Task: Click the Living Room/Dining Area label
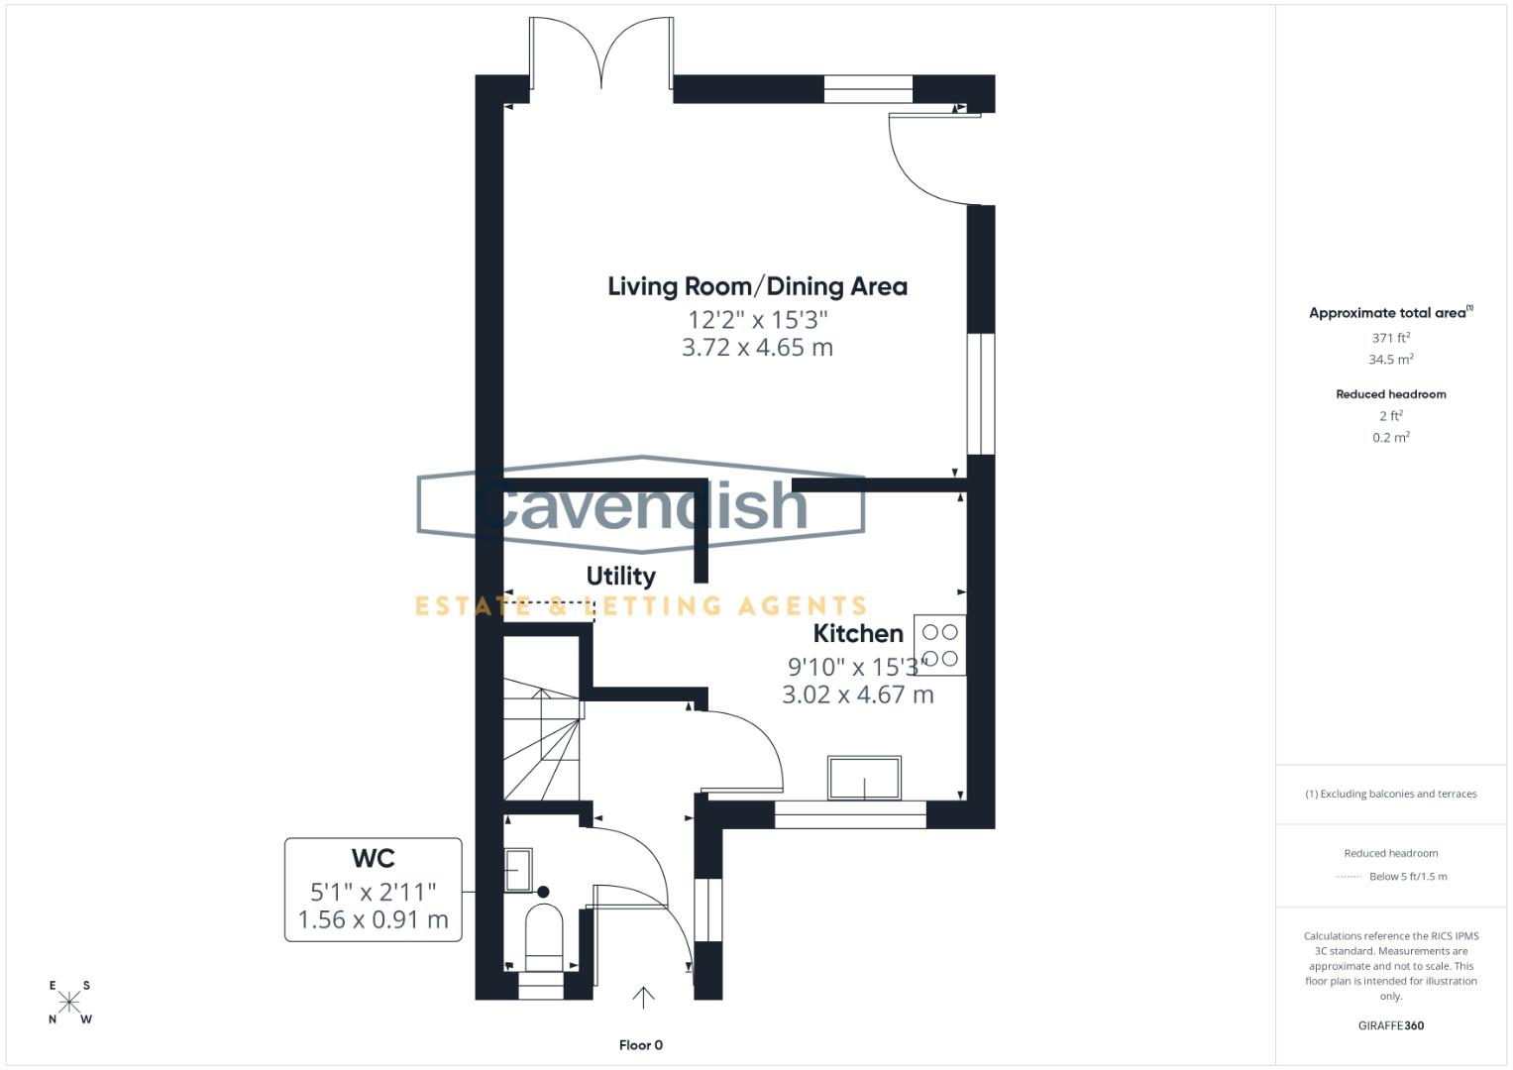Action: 757,286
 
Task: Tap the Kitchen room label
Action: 858,633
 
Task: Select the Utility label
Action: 620,576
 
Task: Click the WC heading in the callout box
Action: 373,858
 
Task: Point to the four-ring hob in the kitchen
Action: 939,645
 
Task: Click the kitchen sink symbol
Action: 865,778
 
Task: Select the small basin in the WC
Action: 518,870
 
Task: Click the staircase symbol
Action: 540,743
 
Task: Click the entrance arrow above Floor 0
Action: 643,997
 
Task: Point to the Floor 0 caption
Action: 640,1045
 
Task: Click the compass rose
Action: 69,1002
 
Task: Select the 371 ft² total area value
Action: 1390,338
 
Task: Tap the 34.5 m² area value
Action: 1390,360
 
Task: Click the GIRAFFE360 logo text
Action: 1390,1025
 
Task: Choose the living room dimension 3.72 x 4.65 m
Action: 757,348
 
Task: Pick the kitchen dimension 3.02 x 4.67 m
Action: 857,695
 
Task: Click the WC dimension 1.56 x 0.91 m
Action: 373,919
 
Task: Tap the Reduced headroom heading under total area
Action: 1390,394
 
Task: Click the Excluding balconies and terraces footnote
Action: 1390,794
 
